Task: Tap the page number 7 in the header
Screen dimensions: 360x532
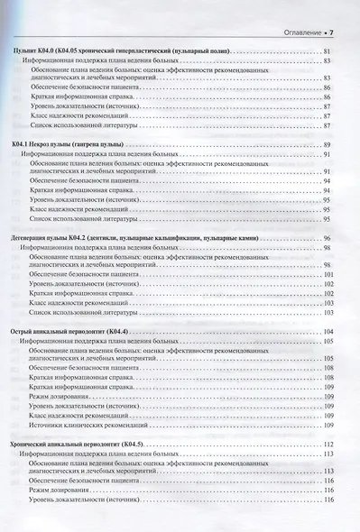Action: coord(332,33)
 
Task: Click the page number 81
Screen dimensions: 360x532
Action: coord(328,55)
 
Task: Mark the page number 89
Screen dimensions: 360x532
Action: coord(328,145)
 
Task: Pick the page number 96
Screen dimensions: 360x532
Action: coord(328,236)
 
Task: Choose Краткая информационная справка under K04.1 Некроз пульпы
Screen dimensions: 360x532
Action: coord(82,191)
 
